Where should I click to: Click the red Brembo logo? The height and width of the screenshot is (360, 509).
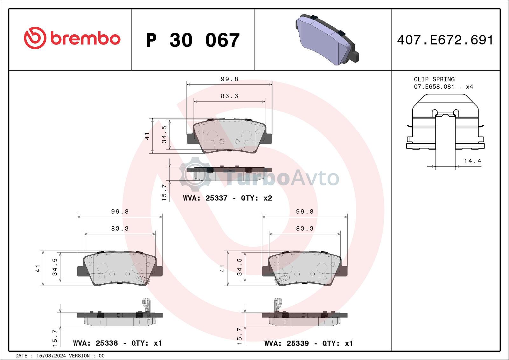[72, 38]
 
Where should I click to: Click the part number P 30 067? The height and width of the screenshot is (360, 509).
[193, 40]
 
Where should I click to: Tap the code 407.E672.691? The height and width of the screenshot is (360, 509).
[445, 40]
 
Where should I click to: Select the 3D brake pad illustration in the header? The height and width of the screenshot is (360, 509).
[327, 40]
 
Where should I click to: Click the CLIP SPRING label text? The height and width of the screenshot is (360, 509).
[434, 79]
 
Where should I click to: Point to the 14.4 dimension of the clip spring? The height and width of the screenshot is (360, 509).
[472, 161]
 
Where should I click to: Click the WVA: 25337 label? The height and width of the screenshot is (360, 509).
[205, 198]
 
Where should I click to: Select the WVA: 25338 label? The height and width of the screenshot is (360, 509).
[95, 343]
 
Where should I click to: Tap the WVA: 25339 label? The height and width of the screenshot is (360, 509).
[287, 343]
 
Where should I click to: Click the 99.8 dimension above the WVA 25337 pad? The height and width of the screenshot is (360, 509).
[229, 79]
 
